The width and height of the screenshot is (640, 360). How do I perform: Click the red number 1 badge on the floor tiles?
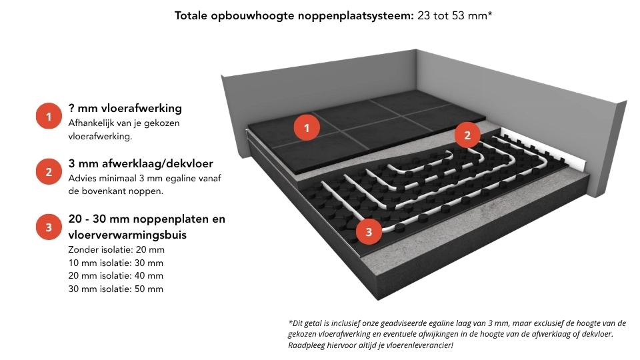click(x=307, y=127)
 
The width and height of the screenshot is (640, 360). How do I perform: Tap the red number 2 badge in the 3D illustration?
click(x=467, y=136)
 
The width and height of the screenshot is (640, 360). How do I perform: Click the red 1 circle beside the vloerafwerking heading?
click(x=49, y=118)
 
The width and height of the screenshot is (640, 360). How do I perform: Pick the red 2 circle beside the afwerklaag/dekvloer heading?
click(x=49, y=173)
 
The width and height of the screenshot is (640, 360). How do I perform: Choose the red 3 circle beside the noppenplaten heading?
click(x=49, y=228)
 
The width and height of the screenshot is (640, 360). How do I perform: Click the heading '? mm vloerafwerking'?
click(x=125, y=108)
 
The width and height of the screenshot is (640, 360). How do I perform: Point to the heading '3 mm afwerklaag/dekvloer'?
click(x=141, y=164)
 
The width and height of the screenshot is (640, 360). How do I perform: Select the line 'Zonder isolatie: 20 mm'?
click(x=116, y=249)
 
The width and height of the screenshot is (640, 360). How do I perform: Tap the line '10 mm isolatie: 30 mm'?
click(x=116, y=263)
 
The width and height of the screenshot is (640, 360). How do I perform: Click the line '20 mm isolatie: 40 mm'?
click(x=116, y=275)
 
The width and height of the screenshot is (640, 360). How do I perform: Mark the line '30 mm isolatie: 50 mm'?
click(x=116, y=289)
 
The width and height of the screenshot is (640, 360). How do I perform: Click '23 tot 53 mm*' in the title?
click(x=455, y=15)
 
